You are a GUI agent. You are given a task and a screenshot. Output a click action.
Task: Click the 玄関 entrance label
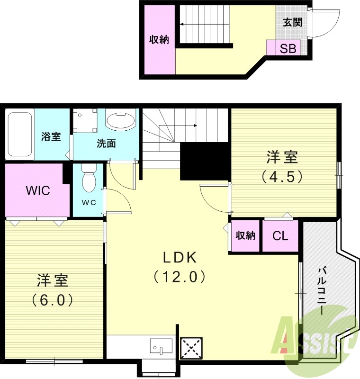[x=292, y=22]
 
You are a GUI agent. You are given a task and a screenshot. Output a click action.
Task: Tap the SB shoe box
[x=288, y=48]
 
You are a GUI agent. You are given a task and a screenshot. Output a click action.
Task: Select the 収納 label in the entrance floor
[x=159, y=40]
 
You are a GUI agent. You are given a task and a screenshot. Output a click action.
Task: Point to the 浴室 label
[x=51, y=137]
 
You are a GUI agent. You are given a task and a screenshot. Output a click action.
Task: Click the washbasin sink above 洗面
[x=120, y=120]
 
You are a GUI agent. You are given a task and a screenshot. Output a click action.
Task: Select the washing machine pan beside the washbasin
[x=85, y=121]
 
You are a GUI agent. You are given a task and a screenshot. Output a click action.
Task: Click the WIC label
[x=38, y=191]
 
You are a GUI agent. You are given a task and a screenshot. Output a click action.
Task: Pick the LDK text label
[x=180, y=258]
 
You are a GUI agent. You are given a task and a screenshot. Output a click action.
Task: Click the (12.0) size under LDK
[x=180, y=276]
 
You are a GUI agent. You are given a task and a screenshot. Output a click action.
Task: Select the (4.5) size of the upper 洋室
[x=282, y=176]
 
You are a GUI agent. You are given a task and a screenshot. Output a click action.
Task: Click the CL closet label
[x=280, y=236]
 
